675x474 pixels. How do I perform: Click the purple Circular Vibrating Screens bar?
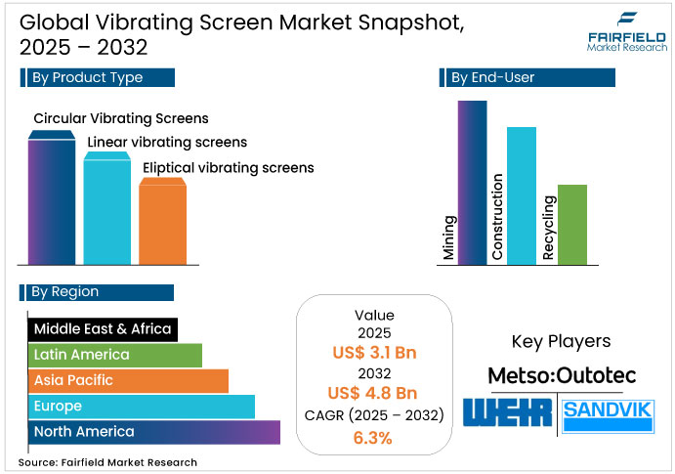[52, 200]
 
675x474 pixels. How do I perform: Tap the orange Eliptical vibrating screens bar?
[162, 220]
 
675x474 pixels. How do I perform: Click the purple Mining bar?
[472, 182]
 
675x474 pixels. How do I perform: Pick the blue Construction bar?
[522, 194]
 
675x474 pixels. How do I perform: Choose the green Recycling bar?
[571, 224]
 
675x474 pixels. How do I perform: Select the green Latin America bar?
[114, 355]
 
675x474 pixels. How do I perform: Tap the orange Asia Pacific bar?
[127, 380]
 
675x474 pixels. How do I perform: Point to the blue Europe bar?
[141, 406]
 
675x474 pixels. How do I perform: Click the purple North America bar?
[153, 431]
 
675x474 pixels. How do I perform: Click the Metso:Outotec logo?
[561, 376]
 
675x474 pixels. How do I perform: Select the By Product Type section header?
[98, 78]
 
